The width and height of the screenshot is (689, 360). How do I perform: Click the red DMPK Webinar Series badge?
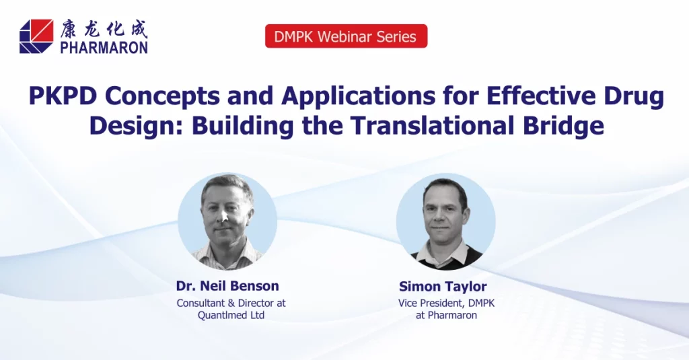[x=347, y=36]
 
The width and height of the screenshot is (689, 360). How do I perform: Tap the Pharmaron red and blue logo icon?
[x=36, y=36]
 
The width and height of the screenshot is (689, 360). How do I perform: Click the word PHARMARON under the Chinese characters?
[x=104, y=47]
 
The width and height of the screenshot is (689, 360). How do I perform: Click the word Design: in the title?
[x=136, y=127]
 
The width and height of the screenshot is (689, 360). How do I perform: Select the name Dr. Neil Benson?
[x=227, y=286]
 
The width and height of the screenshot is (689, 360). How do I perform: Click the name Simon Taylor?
[x=443, y=287]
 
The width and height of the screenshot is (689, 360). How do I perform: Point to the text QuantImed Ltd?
[x=231, y=315]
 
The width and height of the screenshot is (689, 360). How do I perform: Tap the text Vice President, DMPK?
[x=447, y=303]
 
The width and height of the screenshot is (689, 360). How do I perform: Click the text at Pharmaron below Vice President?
[x=447, y=315]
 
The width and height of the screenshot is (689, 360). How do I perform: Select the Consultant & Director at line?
[x=231, y=303]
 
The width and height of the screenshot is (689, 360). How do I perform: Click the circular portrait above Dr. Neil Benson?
[x=227, y=221]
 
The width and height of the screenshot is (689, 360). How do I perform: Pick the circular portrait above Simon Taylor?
[x=446, y=221]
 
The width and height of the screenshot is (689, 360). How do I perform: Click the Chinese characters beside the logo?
[x=104, y=28]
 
